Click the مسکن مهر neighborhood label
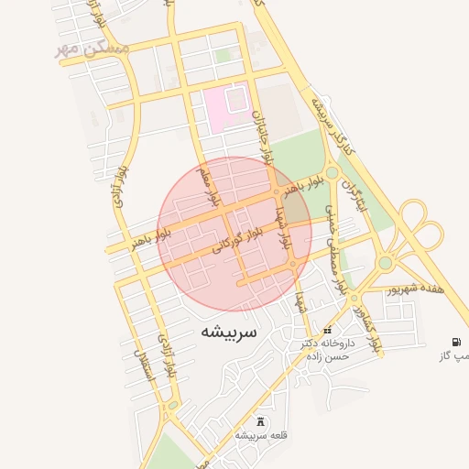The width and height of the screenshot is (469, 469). (x=92, y=46)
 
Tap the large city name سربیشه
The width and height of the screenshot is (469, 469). (x=228, y=331)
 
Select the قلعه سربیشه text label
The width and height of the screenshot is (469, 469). (x=263, y=435)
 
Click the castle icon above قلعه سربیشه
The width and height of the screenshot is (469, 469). (x=263, y=421)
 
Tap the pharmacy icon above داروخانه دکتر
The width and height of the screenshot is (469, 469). (x=328, y=330)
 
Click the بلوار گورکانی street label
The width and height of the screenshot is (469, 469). (x=238, y=240)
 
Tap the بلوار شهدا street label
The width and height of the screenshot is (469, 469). (x=283, y=230)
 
